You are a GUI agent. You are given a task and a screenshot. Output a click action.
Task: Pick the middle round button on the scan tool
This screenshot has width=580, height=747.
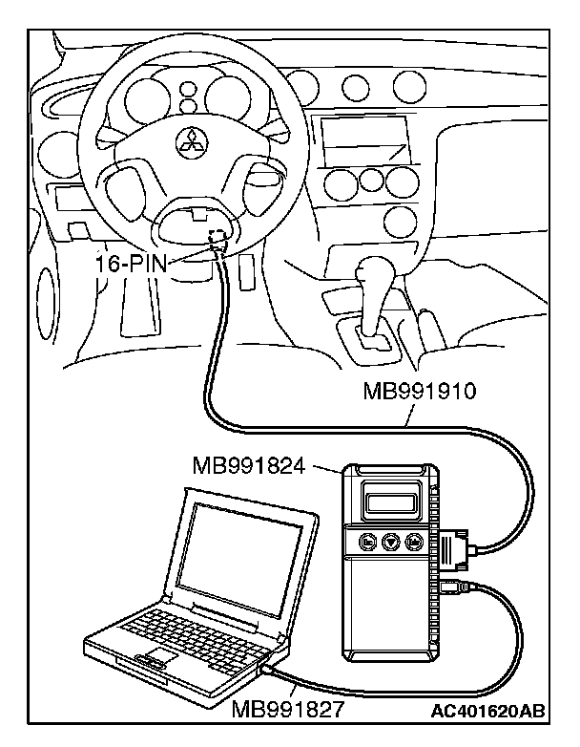coord(389,542)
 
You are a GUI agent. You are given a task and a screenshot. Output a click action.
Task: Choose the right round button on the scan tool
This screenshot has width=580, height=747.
coord(412,542)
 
